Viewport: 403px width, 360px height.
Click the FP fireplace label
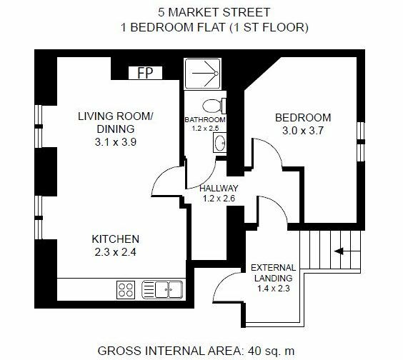(x=146, y=73)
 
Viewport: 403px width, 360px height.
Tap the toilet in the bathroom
(x=214, y=106)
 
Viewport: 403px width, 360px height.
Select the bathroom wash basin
(x=220, y=142)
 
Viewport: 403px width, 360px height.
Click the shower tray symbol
(x=202, y=74)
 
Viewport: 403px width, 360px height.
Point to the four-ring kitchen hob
(x=126, y=290)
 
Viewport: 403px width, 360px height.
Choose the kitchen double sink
(x=162, y=289)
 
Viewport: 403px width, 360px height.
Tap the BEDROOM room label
(x=303, y=118)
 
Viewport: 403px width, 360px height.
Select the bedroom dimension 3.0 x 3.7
(x=303, y=131)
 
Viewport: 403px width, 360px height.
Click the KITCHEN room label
(x=116, y=239)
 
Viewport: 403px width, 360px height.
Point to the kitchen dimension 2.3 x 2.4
(x=116, y=252)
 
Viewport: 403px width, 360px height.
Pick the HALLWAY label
(x=219, y=189)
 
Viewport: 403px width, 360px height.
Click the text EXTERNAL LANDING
(x=273, y=273)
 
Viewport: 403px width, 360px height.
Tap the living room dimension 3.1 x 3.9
(x=116, y=142)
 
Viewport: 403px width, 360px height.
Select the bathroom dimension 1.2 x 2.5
(x=205, y=129)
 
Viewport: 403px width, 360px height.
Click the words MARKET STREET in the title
(x=219, y=12)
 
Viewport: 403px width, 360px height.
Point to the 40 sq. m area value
(x=271, y=351)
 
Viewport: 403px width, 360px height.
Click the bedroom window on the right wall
(x=361, y=141)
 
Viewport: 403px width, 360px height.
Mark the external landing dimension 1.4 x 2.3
(x=274, y=289)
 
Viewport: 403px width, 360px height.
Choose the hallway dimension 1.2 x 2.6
(x=219, y=199)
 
